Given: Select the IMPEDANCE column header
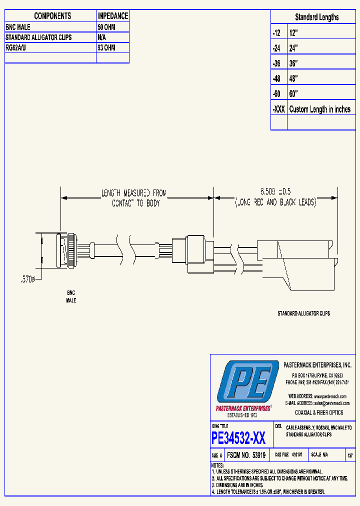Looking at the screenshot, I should [x=112, y=16].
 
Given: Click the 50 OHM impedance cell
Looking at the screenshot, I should [x=106, y=27].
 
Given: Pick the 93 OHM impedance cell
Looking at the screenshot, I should [x=106, y=47].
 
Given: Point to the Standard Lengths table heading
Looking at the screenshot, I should [x=316, y=17].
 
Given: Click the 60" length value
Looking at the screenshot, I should [x=293, y=94].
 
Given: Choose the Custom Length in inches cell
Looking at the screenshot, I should [x=320, y=109].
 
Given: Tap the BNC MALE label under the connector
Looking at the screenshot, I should [x=71, y=296].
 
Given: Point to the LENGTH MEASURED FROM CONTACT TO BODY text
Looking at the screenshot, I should [x=134, y=197].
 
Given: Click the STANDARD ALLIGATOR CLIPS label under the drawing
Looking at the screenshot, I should [x=303, y=313].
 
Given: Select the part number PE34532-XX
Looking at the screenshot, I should [x=238, y=438].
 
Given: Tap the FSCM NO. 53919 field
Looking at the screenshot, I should [x=245, y=455].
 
